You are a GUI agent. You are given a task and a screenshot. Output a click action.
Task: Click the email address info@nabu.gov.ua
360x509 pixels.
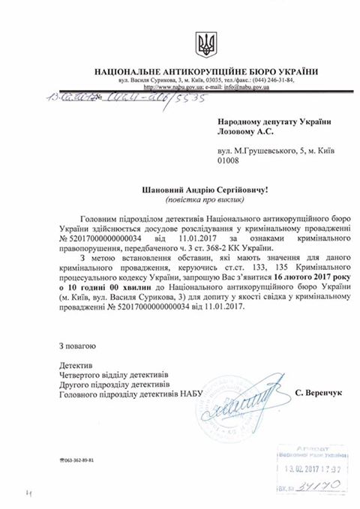click(268, 88)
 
